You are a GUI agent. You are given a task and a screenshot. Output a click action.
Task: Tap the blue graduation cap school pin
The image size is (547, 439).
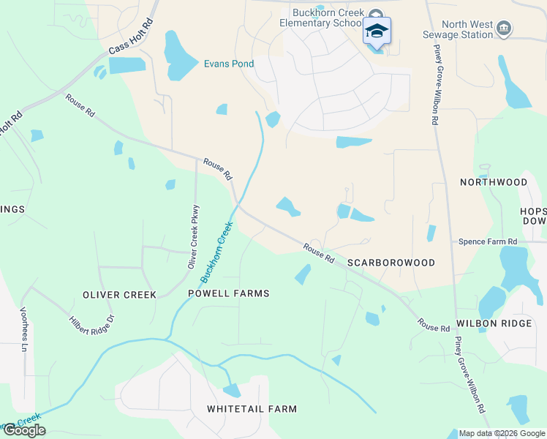pyautogui.click(x=377, y=31)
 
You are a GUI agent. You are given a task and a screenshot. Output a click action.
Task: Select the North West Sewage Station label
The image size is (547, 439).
pyautogui.click(x=457, y=29)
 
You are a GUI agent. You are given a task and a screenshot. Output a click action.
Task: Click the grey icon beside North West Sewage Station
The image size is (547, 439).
pyautogui.click(x=503, y=29)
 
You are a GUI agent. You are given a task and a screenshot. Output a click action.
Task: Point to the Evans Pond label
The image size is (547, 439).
pyautogui.click(x=228, y=64)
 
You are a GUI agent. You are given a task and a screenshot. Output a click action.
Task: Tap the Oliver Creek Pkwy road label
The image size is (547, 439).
pyautogui.click(x=194, y=237)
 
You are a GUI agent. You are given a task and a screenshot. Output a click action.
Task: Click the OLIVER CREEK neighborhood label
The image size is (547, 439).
pyautogui.click(x=119, y=295)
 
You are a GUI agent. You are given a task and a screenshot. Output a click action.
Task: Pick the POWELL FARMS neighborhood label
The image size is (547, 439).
pyautogui.click(x=229, y=293)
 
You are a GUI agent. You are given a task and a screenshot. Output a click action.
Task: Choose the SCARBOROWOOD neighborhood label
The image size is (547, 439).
pyautogui.click(x=391, y=263)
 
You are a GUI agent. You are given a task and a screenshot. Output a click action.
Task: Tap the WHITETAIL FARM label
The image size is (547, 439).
pyautogui.click(x=252, y=409)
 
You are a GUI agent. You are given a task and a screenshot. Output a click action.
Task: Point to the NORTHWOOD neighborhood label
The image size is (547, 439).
pyautogui.click(x=494, y=181)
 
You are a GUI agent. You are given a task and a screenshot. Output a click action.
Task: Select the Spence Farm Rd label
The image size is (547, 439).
pyautogui.click(x=488, y=241)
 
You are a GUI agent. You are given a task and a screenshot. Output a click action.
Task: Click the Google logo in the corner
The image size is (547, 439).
pyautogui.click(x=23, y=429)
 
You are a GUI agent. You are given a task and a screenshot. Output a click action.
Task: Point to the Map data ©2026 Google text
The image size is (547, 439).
pyautogui.click(x=502, y=433)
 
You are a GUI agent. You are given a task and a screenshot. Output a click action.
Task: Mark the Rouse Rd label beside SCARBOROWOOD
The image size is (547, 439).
pyautogui.click(x=319, y=255)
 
